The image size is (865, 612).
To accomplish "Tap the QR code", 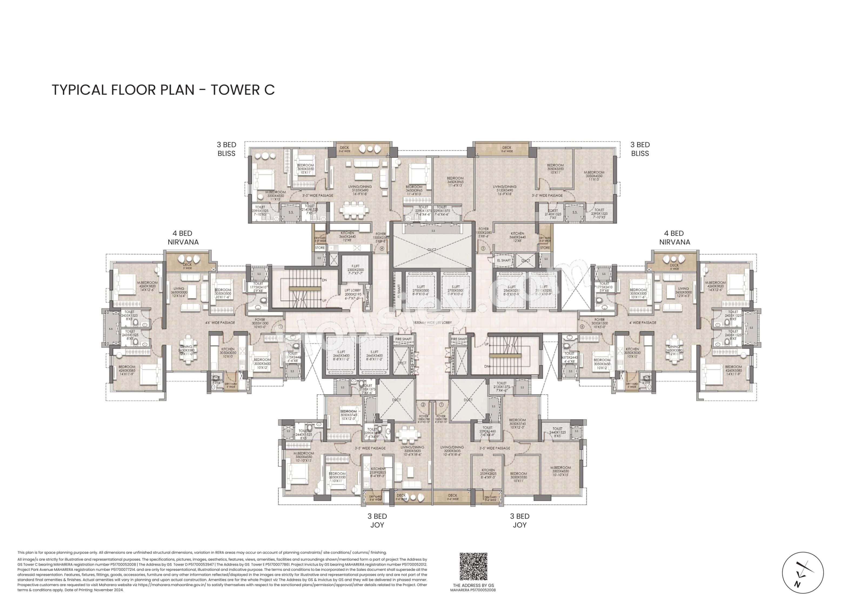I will (x=473, y=566).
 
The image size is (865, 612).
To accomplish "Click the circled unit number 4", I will (x=382, y=249).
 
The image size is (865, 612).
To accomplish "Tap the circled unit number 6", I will (x=582, y=326).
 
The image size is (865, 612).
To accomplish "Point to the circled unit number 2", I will (x=423, y=405).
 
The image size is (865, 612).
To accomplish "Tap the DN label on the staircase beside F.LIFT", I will (x=324, y=280).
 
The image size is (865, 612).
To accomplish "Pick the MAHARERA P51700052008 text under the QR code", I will (x=473, y=590).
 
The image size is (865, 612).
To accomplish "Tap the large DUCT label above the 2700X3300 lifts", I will (x=432, y=250).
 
